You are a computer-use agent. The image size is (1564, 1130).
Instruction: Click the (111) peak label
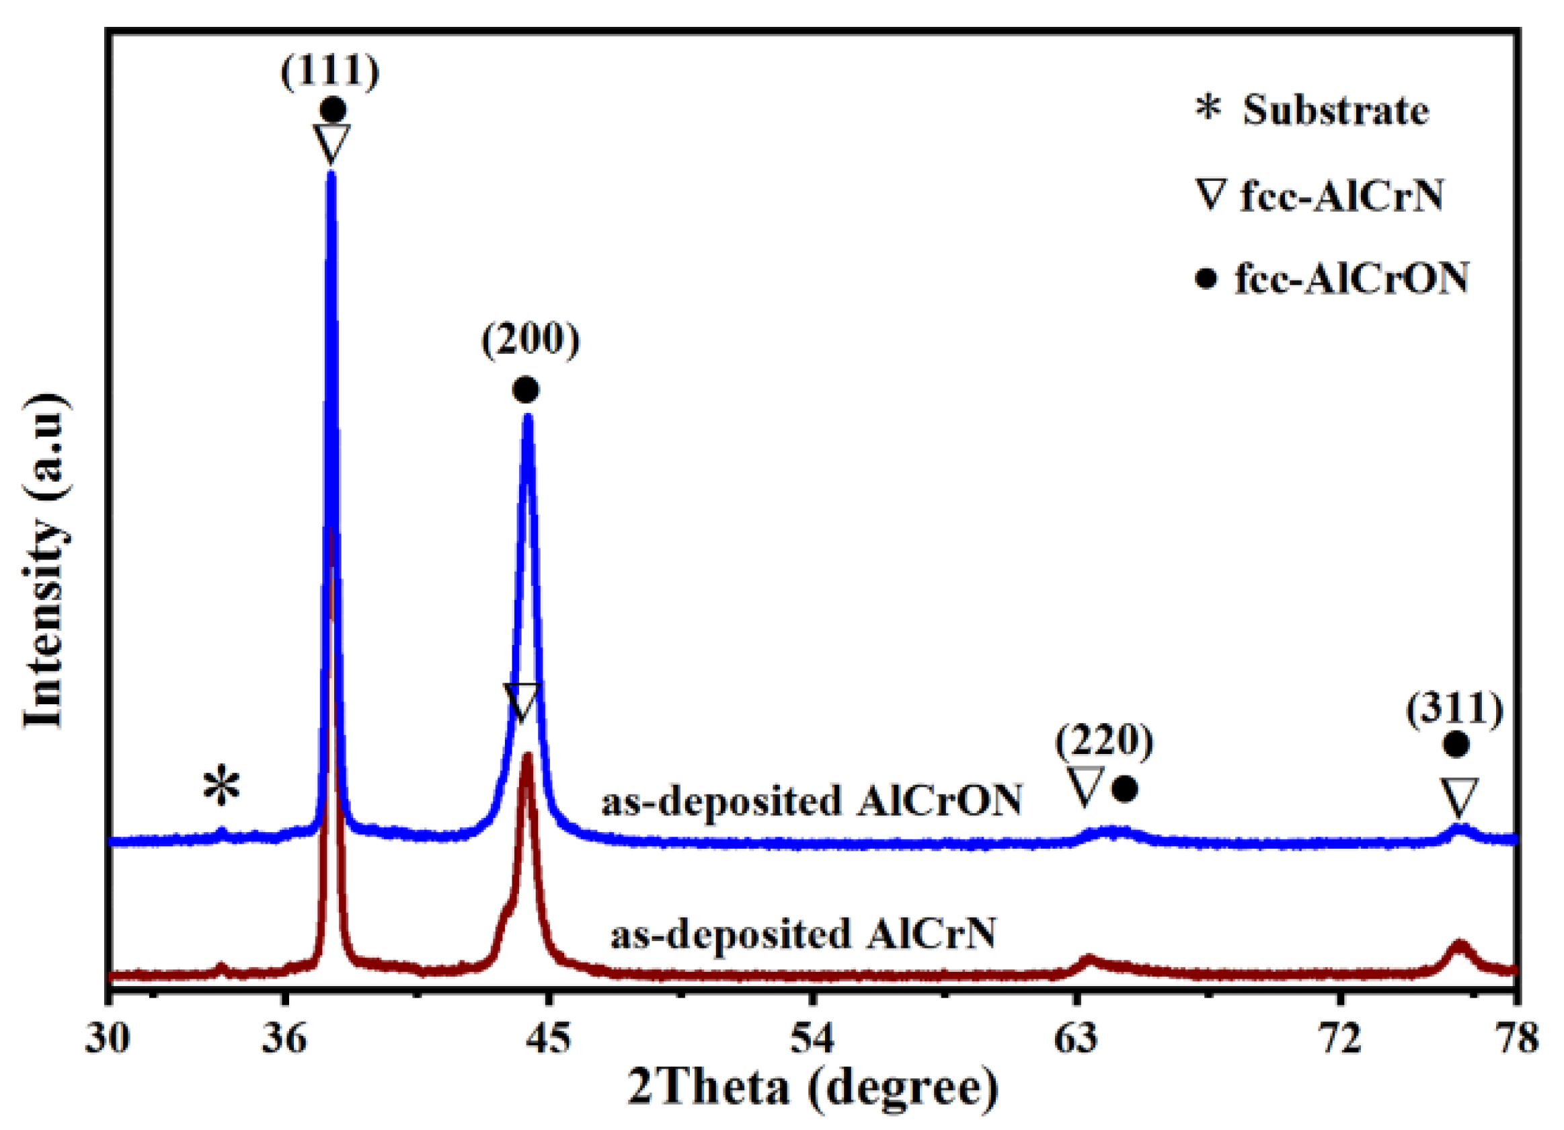(330, 71)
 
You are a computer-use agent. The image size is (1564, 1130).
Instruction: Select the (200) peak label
(531, 341)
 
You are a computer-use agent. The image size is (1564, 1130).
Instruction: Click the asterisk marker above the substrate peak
(221, 787)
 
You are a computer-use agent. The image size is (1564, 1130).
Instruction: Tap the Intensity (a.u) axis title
(46, 562)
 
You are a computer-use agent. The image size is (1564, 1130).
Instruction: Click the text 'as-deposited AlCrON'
(812, 801)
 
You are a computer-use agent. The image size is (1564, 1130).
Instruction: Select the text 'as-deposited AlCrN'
(804, 934)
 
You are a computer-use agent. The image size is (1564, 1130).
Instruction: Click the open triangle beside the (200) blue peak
(521, 702)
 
